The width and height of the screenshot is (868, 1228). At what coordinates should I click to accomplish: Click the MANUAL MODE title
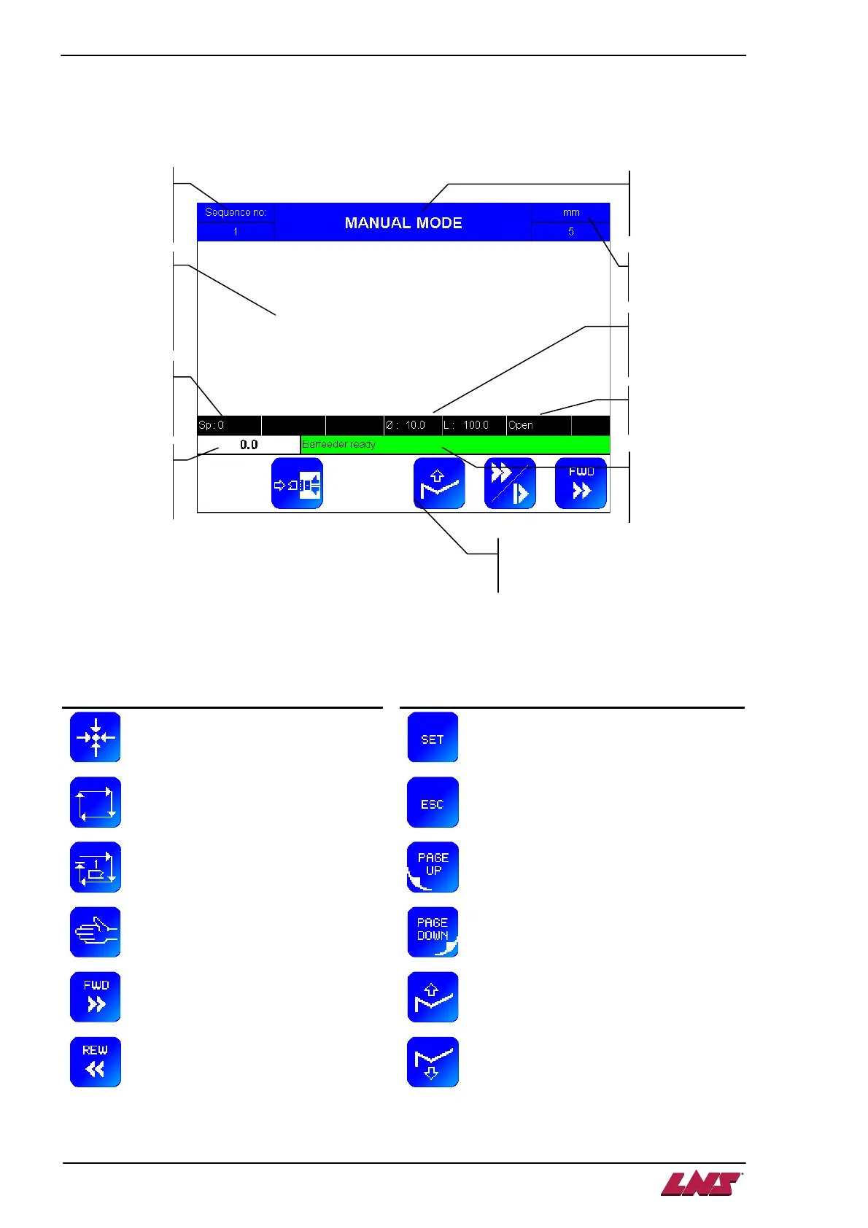click(403, 222)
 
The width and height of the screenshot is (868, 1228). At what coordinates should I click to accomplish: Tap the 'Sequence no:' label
click(236, 212)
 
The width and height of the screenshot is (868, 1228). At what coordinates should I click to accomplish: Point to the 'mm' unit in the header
click(570, 212)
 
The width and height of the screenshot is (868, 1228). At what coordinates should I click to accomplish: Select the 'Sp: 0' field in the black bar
click(212, 425)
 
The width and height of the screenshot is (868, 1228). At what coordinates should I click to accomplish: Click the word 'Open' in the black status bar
click(521, 425)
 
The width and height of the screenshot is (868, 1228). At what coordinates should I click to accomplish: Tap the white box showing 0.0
click(249, 445)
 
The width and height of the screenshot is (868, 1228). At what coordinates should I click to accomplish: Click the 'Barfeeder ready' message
click(338, 444)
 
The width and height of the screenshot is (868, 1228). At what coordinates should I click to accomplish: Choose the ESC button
click(433, 803)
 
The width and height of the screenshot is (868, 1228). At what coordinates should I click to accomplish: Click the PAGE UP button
click(433, 867)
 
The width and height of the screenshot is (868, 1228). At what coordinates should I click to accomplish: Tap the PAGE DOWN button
click(433, 932)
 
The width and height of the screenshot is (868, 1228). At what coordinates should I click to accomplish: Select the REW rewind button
click(96, 1062)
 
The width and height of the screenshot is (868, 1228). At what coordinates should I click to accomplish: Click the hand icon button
click(96, 932)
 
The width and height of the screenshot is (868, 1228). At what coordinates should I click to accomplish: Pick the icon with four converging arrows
click(96, 737)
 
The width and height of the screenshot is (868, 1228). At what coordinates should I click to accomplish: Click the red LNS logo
click(702, 1184)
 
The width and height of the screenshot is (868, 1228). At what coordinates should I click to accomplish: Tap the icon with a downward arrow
click(433, 1062)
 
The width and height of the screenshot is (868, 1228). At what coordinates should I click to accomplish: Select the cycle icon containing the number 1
click(96, 867)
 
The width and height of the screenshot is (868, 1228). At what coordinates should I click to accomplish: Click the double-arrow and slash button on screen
click(510, 483)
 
